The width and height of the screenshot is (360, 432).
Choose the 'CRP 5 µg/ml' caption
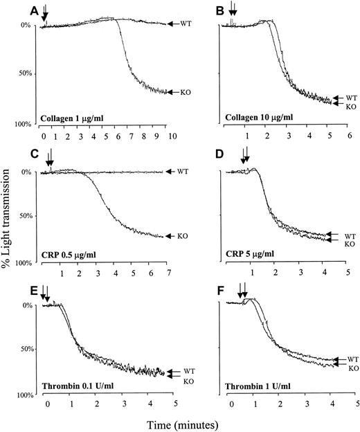click(247, 254)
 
